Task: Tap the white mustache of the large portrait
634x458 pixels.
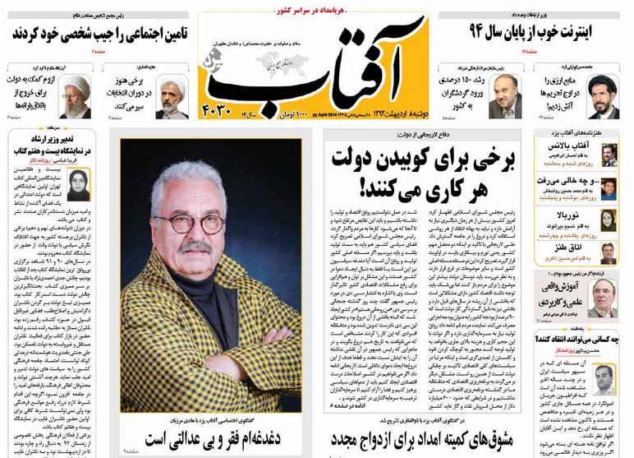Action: coord(195,246)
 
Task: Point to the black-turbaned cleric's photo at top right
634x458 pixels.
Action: coord(604,99)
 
